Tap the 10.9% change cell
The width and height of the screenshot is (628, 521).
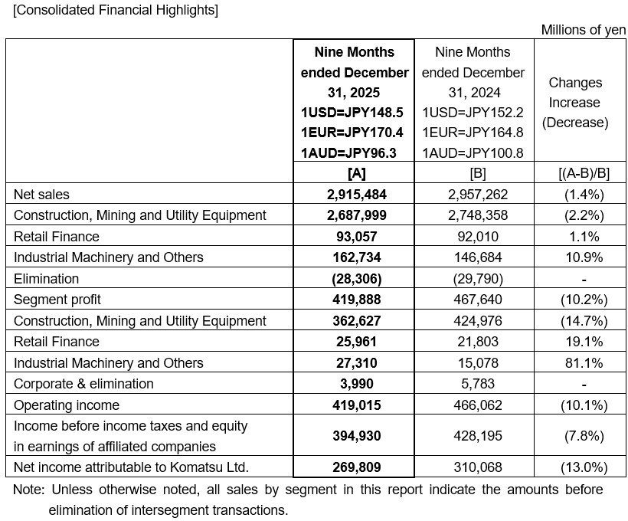580,257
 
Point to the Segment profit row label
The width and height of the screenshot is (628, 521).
57,300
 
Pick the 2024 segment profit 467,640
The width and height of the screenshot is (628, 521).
473,300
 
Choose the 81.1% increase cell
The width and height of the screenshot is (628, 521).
580,363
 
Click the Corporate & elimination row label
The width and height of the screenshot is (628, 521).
83,384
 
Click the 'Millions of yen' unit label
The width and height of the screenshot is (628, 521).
584,30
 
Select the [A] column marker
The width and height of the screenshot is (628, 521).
355,173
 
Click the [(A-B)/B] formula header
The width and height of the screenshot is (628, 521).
580,173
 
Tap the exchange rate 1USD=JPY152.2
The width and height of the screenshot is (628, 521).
473,113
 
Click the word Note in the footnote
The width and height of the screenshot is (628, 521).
29,490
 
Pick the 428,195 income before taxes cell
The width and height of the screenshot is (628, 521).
473,436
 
